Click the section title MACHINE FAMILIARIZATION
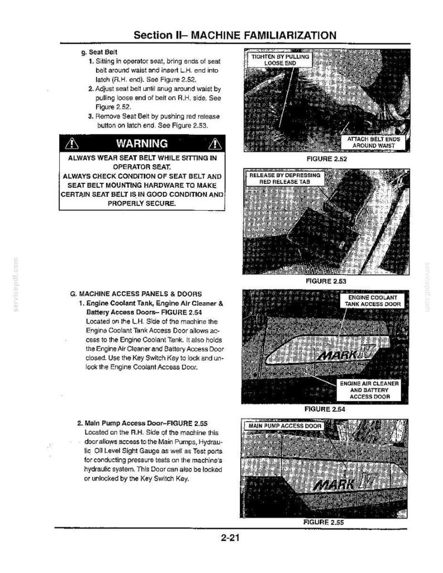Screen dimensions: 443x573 tap(263, 35)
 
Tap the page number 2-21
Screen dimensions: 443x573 tap(230, 537)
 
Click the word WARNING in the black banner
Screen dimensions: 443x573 tap(142, 144)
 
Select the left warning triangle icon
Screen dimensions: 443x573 tap(72, 144)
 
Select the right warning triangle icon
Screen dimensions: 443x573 tap(215, 144)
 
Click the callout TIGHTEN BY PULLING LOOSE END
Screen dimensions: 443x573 tap(280, 60)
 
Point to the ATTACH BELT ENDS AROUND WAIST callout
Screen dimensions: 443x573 tap(373, 143)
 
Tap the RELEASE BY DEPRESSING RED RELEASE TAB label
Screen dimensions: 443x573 tap(285, 178)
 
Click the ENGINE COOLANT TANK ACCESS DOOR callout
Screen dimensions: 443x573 tap(373, 301)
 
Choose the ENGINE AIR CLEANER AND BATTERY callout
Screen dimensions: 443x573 tap(369, 390)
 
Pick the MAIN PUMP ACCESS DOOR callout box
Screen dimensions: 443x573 tap(285, 426)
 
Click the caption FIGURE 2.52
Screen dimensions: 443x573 tap(327, 159)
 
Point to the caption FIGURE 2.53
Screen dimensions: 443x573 tap(326, 281)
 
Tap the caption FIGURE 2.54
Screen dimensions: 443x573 tap(325, 409)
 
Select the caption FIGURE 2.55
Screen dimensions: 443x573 tap(324, 522)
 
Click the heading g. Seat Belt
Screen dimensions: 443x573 tap(99, 52)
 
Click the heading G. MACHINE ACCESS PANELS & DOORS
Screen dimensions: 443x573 tap(136, 294)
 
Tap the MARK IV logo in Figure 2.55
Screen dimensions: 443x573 tap(344, 484)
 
